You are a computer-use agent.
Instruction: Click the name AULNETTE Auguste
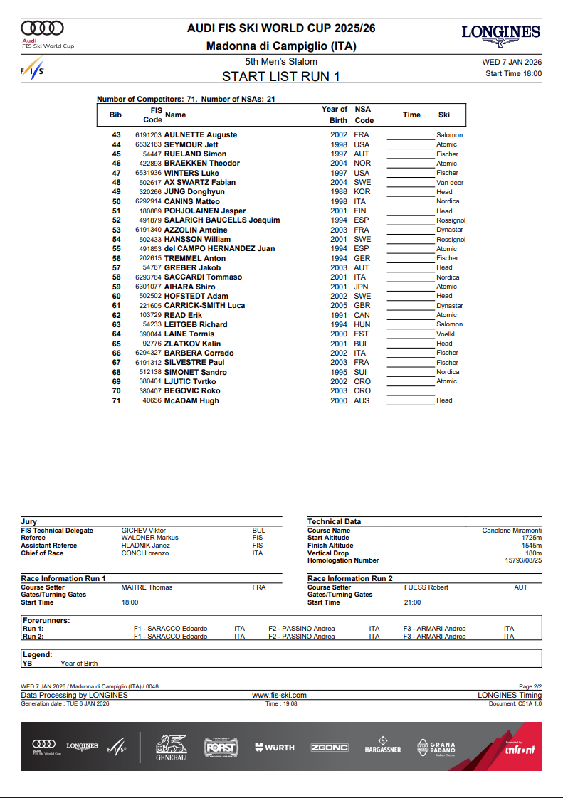pos(201,135)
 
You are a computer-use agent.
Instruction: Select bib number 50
pos(117,201)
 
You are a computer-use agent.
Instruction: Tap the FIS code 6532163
pos(148,144)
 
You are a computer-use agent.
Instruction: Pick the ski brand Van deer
pos(450,183)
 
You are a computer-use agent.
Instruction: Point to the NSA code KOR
pos(362,192)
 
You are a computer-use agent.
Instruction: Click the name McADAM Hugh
pos(191,400)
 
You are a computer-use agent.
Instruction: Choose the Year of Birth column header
pos(334,115)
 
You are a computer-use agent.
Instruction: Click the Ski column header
pos(443,115)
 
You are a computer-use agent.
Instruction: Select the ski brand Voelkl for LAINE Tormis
pos(446,334)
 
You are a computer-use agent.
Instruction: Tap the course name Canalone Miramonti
pos(511,531)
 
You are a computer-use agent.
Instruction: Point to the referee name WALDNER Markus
pos(149,538)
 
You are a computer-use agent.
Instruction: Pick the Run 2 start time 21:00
pos(412,602)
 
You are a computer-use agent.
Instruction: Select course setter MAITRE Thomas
pos(147,587)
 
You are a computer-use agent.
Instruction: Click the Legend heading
pos(37,654)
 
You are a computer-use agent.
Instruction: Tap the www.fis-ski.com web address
pos(279,695)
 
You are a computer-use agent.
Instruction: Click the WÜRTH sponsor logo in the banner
pos(274,748)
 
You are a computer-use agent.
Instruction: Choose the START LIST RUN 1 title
pos(280,77)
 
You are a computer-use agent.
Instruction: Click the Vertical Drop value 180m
pos(533,553)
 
